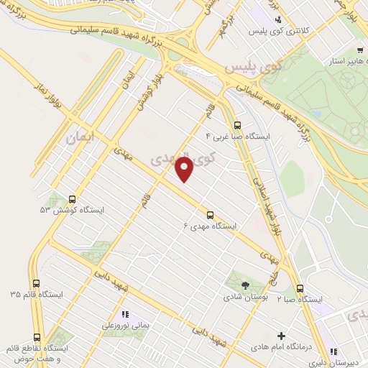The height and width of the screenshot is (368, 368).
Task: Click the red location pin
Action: coord(185,168)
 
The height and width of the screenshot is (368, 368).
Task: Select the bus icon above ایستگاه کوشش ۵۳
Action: coord(72,199)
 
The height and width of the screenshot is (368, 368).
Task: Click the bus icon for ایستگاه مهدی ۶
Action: coord(211,214)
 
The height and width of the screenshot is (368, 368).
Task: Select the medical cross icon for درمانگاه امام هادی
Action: coord(281,336)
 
